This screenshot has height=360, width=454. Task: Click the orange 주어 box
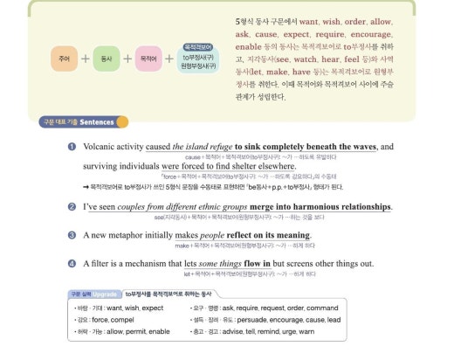[x=64, y=59]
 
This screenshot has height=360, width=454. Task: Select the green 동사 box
[x=106, y=59]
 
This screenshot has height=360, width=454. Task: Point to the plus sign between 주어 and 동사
[x=85, y=59]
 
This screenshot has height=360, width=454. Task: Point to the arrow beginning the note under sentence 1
[x=86, y=186]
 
